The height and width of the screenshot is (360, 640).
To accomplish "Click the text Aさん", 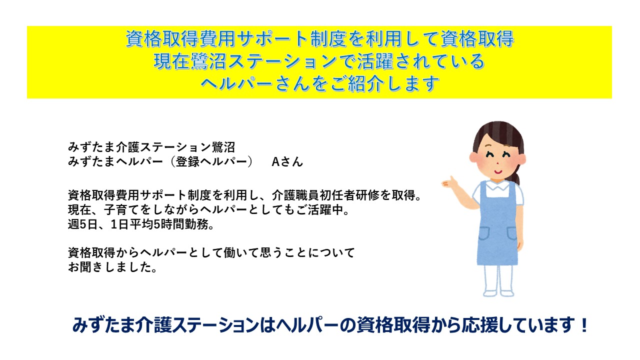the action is (x=287, y=161).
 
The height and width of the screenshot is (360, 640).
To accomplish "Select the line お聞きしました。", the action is (x=112, y=267).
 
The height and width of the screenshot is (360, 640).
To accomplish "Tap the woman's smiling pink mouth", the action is (x=498, y=172).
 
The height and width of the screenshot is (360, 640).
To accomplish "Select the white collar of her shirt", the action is (x=497, y=185).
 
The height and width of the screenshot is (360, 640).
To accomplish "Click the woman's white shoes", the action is (x=498, y=293).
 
